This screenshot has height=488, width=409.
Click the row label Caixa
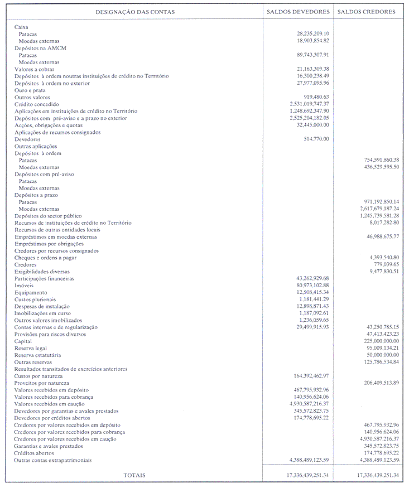[x=21, y=27]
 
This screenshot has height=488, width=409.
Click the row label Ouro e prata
[x=30, y=90]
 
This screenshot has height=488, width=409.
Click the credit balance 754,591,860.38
[x=381, y=160]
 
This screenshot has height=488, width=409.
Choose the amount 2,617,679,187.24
[x=379, y=209]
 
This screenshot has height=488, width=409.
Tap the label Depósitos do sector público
[x=48, y=216]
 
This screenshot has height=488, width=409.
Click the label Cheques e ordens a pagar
[x=46, y=258]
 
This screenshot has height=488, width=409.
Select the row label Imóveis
[x=23, y=286]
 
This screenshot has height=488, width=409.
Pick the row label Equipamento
[x=31, y=292]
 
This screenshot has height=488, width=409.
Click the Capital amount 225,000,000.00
[x=381, y=341]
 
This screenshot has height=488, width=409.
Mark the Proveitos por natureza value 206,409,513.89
[x=381, y=383]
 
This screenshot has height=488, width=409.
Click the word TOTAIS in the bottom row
[x=134, y=475]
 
